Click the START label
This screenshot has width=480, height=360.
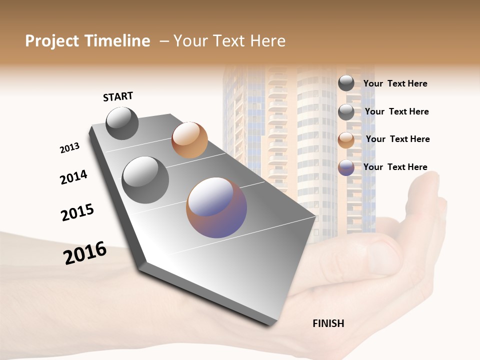[118, 96]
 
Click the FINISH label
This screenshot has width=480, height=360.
[328, 323]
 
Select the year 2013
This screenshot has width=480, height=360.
[69, 148]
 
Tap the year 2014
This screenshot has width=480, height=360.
[73, 177]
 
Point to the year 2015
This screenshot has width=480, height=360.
[77, 212]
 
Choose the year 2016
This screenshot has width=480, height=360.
[85, 252]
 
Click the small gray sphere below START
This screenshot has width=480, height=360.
[122, 123]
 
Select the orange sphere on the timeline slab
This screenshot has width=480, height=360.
[189, 140]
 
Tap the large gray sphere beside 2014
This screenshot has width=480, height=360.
[145, 180]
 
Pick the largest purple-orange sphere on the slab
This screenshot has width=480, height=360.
[216, 207]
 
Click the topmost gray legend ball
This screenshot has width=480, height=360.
[346, 83]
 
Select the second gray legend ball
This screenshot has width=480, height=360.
[346, 112]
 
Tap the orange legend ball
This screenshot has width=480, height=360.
[346, 139]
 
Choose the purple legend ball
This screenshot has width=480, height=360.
[346, 167]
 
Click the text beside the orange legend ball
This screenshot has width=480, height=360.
[397, 139]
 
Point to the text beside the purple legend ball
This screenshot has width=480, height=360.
[395, 167]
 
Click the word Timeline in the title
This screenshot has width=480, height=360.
[115, 41]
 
